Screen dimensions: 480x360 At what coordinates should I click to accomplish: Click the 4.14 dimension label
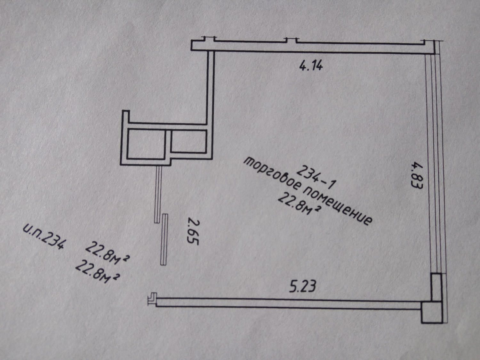(x=311, y=65)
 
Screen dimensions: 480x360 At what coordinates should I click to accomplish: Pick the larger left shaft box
(x=146, y=144)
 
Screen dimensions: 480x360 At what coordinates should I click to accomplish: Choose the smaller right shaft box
(x=188, y=141)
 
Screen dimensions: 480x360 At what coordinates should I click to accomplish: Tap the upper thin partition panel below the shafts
(x=158, y=194)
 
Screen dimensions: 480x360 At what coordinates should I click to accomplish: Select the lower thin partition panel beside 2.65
(x=164, y=239)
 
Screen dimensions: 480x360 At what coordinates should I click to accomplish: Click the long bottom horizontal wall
(x=289, y=302)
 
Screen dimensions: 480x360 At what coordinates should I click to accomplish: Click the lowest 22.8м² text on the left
(x=98, y=272)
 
